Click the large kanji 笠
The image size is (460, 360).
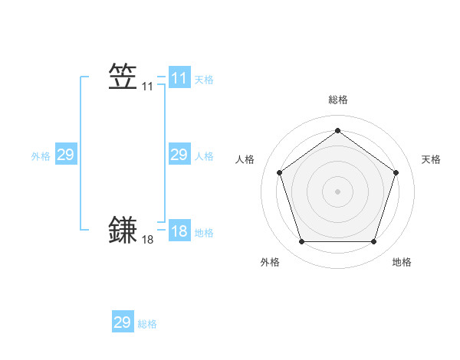coord(123,77)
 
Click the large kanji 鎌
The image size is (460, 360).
coord(123,231)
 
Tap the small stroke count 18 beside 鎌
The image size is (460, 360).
coord(148,241)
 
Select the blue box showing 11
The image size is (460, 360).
coord(179,78)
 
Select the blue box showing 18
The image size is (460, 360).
coord(179,231)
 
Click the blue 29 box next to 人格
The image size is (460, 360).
coord(179,155)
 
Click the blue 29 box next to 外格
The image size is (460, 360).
coord(66,155)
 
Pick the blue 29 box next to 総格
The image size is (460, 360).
coord(123,322)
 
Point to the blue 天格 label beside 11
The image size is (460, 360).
coord(204,80)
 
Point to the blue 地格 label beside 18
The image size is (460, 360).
coord(204,233)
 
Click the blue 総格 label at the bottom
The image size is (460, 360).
coord(148,324)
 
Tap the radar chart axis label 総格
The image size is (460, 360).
coord(338,100)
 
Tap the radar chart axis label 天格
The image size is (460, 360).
coord(431,159)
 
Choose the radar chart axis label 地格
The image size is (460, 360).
coord(402,262)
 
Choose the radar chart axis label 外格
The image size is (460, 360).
coord(270,262)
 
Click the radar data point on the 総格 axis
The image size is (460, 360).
coord(338,130)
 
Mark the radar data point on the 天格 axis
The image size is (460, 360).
coord(396,172)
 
